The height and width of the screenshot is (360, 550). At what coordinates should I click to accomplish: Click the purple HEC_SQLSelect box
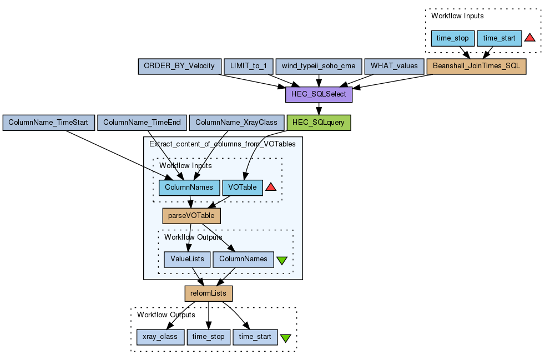[319, 94]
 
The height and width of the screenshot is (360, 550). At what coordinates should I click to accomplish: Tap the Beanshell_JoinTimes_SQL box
[476, 66]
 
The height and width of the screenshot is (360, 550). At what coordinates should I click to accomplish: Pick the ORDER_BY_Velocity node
[179, 66]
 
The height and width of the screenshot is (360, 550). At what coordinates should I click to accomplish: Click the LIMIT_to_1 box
[248, 66]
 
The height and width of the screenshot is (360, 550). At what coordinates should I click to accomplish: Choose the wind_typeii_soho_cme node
[319, 66]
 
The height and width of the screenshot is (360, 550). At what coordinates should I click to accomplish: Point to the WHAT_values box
[394, 66]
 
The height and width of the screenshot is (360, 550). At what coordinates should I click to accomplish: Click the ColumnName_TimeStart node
[49, 123]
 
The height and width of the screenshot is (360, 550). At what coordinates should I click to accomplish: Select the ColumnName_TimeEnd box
[142, 123]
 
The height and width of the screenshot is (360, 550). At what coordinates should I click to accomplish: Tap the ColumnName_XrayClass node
[236, 123]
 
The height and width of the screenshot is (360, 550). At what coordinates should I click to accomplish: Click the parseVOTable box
[191, 216]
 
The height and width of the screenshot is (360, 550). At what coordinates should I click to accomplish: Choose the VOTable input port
[242, 187]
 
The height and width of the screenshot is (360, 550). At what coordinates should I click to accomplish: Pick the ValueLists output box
[187, 259]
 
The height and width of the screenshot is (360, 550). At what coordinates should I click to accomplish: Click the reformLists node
[208, 293]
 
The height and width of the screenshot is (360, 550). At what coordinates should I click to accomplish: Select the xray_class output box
[160, 337]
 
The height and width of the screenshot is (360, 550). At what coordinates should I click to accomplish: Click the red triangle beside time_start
[529, 38]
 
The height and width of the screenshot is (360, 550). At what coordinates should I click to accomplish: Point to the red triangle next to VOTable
[271, 187]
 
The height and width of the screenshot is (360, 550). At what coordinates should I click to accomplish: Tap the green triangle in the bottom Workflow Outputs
[285, 338]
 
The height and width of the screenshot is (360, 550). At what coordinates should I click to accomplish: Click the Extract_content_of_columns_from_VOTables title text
[223, 144]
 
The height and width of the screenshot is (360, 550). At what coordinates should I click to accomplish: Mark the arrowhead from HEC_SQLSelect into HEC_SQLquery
[319, 111]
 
